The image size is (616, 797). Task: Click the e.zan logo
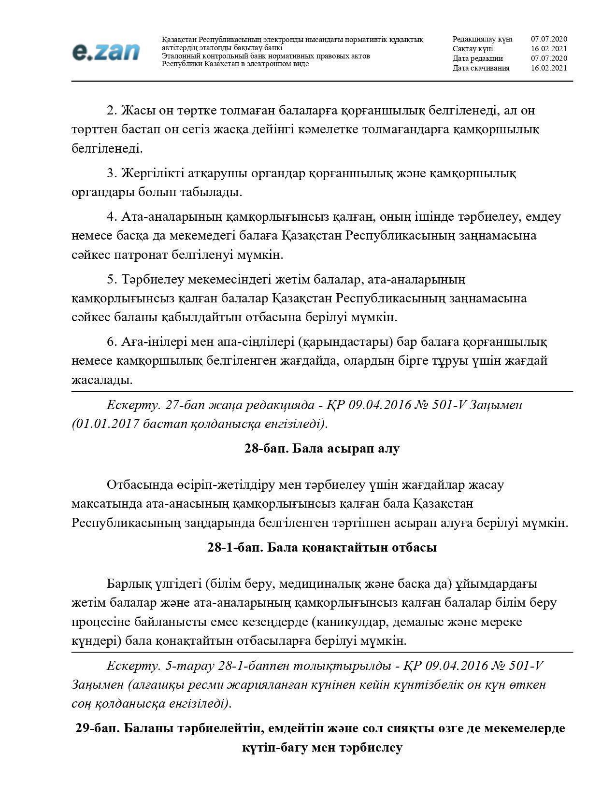106,52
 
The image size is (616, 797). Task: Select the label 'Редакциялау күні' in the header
482,39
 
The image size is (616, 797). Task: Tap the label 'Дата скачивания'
481,68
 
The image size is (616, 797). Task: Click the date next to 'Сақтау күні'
549,49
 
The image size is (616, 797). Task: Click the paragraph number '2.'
112,111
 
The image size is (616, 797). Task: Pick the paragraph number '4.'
112,216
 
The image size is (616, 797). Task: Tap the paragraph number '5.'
112,279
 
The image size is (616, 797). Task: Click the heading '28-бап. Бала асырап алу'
322,448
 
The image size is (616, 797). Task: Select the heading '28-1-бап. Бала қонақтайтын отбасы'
322,547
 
